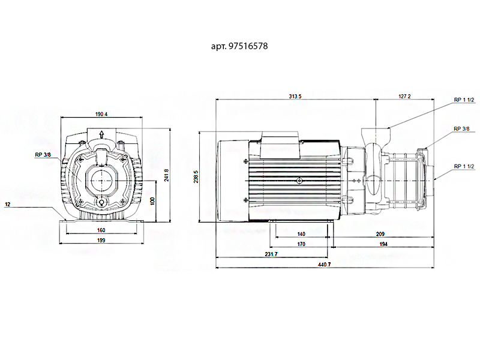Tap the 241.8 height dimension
[x=166, y=175]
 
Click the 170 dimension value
[x=301, y=244]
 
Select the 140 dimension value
[x=301, y=234]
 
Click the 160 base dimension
[x=101, y=230]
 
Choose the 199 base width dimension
[x=101, y=241]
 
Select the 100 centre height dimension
[x=153, y=200]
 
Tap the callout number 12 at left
[x=8, y=205]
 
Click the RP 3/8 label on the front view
[x=43, y=155]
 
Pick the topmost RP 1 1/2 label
[x=464, y=100]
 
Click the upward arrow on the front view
[x=102, y=136]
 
